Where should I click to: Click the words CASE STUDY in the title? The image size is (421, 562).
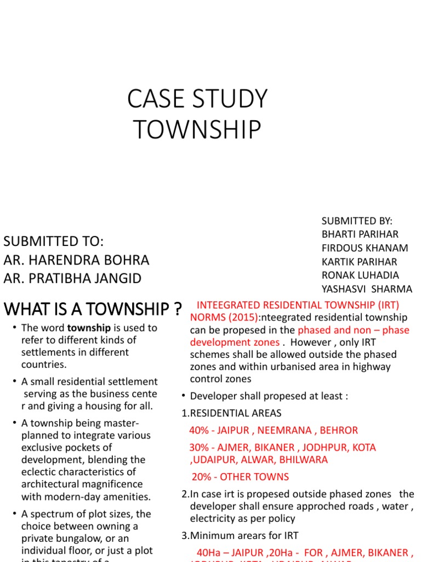(x=197, y=99)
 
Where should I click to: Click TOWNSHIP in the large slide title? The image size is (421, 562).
(x=197, y=130)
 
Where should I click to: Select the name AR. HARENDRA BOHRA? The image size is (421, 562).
(x=76, y=260)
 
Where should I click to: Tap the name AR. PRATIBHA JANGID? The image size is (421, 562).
(x=72, y=278)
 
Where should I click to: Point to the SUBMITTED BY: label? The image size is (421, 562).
(x=357, y=221)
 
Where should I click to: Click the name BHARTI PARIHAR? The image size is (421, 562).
(x=360, y=234)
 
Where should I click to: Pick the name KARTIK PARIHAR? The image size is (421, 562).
(x=359, y=262)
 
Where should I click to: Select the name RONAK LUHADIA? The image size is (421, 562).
(x=360, y=275)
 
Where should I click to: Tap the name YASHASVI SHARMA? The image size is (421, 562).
(x=367, y=289)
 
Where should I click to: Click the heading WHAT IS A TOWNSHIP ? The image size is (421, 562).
(x=93, y=310)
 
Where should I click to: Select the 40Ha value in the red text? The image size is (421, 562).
(x=209, y=552)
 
